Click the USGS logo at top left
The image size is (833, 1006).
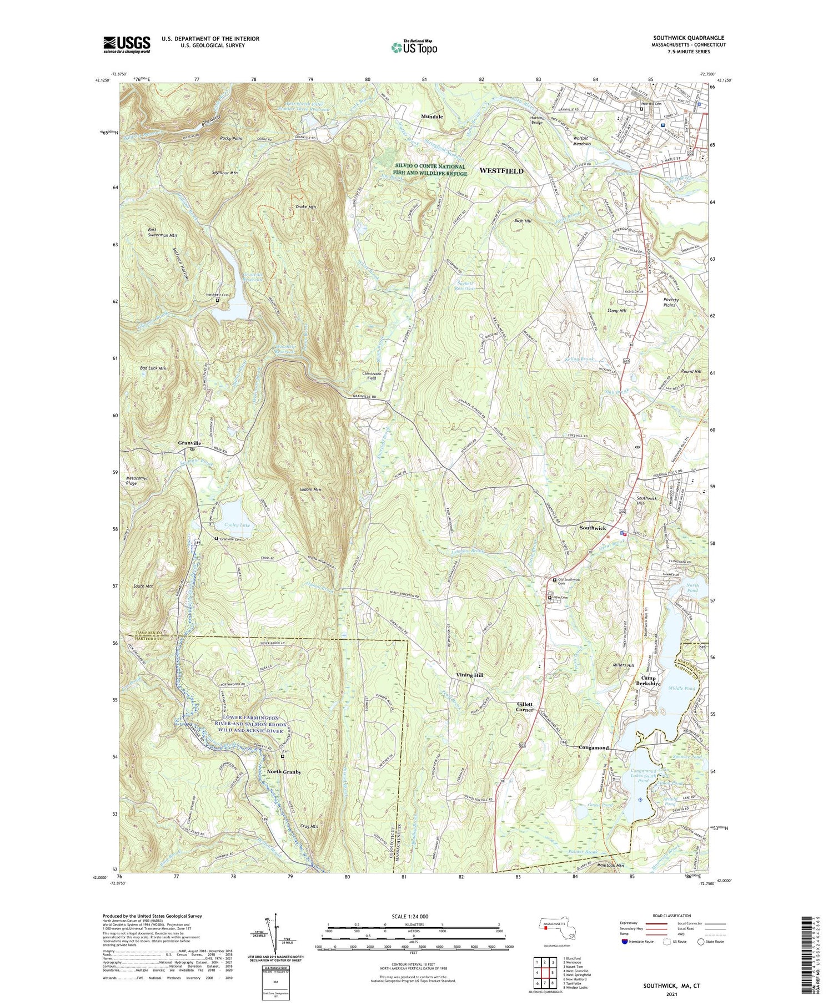(x=127, y=44)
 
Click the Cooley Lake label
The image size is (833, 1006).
(x=237, y=525)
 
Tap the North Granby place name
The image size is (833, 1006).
(x=284, y=772)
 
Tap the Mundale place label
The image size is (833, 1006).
(x=432, y=117)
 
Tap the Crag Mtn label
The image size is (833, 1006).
(x=307, y=826)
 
